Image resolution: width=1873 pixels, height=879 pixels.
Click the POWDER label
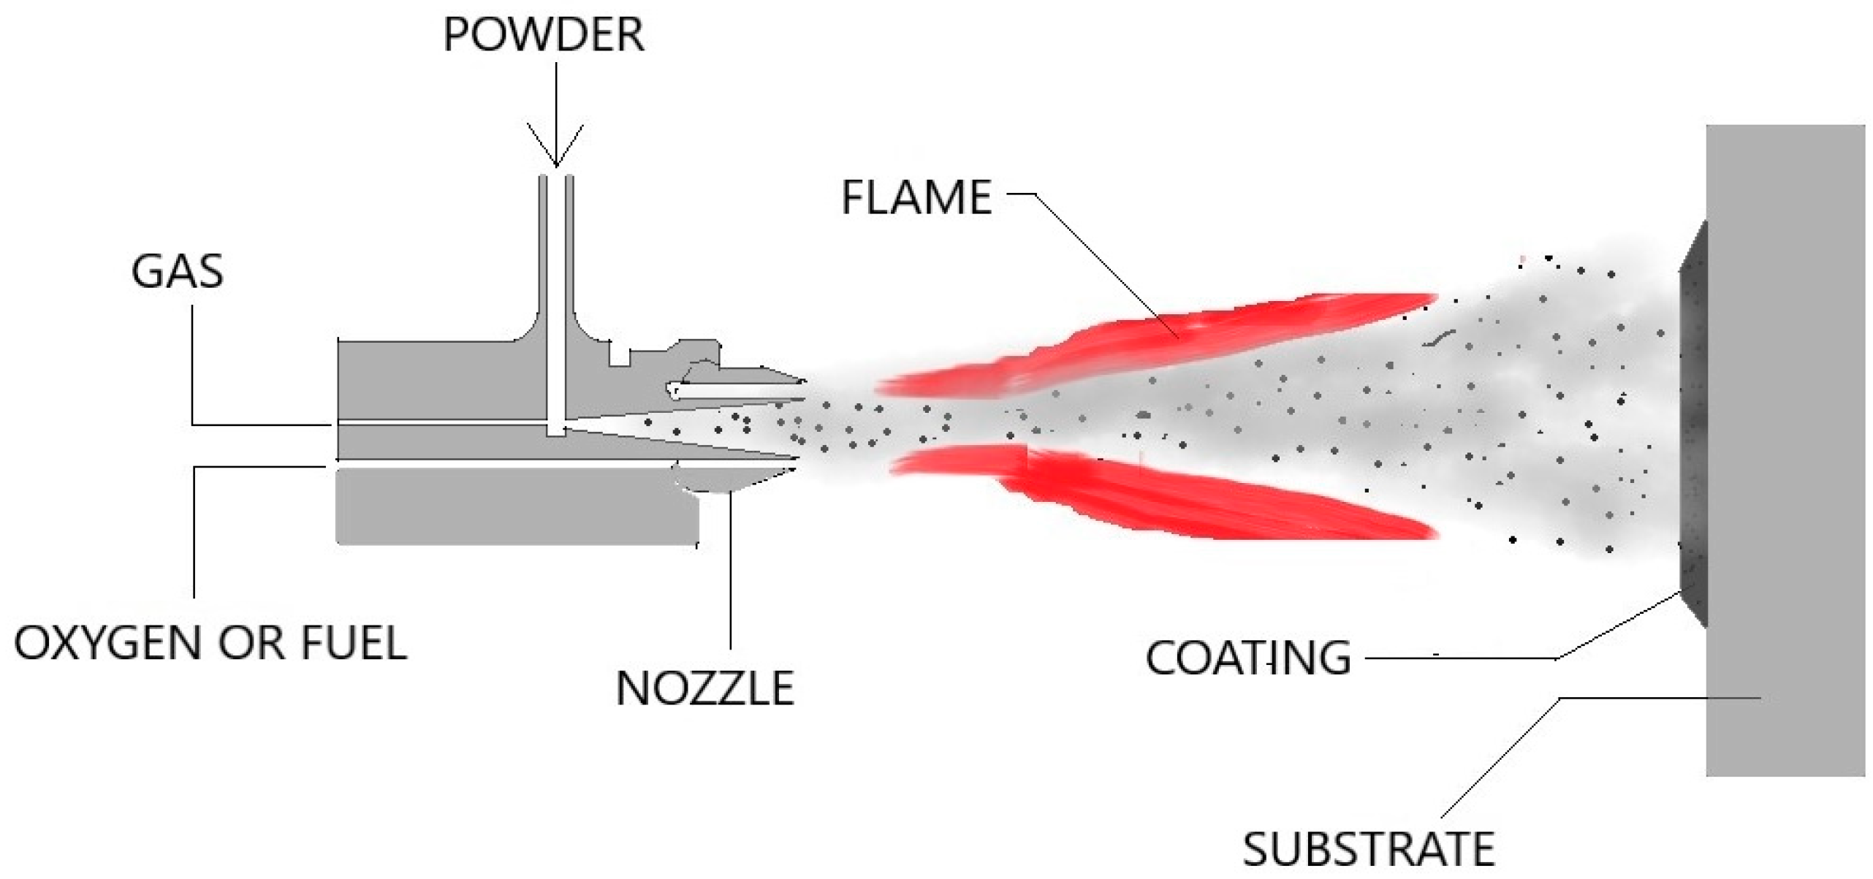(543, 34)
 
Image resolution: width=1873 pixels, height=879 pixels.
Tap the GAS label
(177, 272)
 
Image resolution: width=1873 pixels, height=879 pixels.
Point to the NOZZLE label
(704, 689)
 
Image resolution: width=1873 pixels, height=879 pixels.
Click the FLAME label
(916, 197)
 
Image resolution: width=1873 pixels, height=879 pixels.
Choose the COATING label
(1247, 658)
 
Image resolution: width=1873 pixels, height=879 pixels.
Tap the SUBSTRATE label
(1368, 850)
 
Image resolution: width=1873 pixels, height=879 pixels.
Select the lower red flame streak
(1206, 497)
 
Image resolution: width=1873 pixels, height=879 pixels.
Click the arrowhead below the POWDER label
(555, 150)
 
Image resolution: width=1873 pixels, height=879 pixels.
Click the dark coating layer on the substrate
(1694, 424)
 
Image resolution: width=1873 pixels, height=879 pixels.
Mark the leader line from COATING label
(1462, 658)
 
